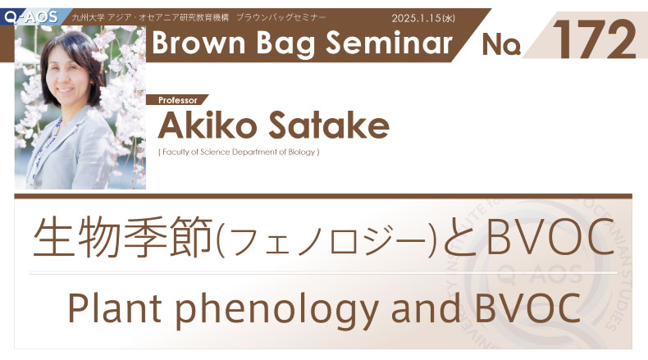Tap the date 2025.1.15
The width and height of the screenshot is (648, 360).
point(417,18)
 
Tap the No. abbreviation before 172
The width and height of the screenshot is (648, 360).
point(501,44)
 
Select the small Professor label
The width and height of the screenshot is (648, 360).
point(178,100)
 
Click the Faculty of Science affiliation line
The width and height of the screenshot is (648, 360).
point(239,152)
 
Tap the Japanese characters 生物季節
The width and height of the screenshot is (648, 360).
point(123,238)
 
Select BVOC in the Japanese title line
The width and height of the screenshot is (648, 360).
point(550,237)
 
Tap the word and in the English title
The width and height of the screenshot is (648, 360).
point(426,308)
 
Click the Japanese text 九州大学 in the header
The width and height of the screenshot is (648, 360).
point(88,18)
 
